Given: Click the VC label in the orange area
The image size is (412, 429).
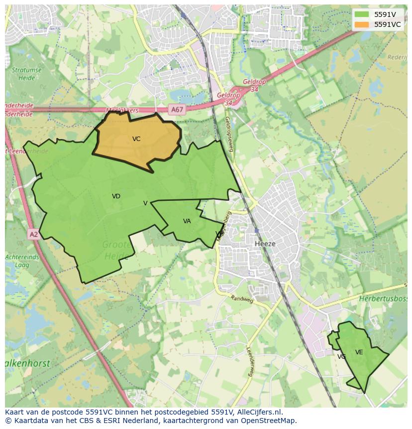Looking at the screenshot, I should click(136, 139).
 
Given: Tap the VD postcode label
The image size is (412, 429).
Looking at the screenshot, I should click(116, 196).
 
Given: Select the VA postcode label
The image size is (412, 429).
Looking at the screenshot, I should click(187, 221).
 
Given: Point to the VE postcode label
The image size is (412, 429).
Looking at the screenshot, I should click(359, 352).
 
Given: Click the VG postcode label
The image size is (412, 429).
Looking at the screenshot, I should click(341, 357).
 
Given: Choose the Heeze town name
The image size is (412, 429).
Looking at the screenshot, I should click(265, 244).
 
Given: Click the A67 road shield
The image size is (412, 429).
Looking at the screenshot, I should click(177, 110).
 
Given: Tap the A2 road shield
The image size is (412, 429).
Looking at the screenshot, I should click(33, 234).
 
